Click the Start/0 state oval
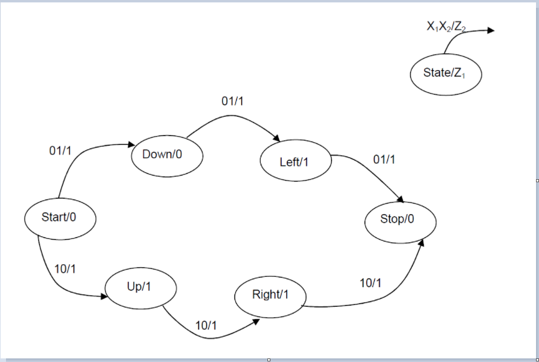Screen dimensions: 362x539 click(x=60, y=217)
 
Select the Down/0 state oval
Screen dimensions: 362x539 click(x=167, y=155)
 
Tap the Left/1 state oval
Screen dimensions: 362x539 click(x=296, y=162)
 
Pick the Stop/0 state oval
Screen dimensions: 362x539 click(x=400, y=219)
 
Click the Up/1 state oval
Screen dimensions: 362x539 click(x=140, y=287)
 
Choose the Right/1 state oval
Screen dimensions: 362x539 click(x=270, y=295)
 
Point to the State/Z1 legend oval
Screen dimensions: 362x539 click(x=445, y=74)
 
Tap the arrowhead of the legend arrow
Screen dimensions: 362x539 click(x=491, y=31)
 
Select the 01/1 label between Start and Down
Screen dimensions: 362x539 click(x=60, y=151)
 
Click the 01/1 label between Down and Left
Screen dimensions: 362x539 click(x=233, y=102)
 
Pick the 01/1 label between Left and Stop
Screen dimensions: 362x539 click(x=384, y=159)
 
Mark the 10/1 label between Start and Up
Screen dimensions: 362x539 click(x=65, y=269)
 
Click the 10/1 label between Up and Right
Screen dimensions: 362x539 click(x=206, y=325)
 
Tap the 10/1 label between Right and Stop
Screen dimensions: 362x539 click(x=370, y=283)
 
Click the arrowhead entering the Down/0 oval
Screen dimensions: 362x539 click(x=130, y=144)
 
